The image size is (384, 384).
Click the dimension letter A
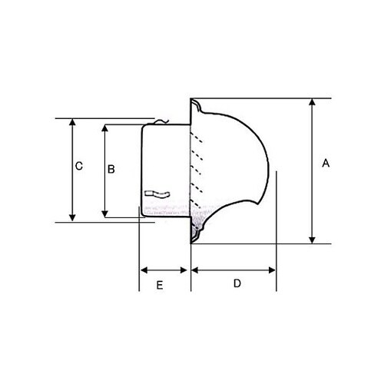[326, 163]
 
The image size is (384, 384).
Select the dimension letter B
[111, 169]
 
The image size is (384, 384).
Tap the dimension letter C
[78, 166]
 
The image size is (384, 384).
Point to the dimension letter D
[237, 284]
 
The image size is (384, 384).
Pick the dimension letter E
[159, 285]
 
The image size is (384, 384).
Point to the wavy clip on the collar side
[157, 194]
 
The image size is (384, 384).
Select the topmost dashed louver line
[197, 139]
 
